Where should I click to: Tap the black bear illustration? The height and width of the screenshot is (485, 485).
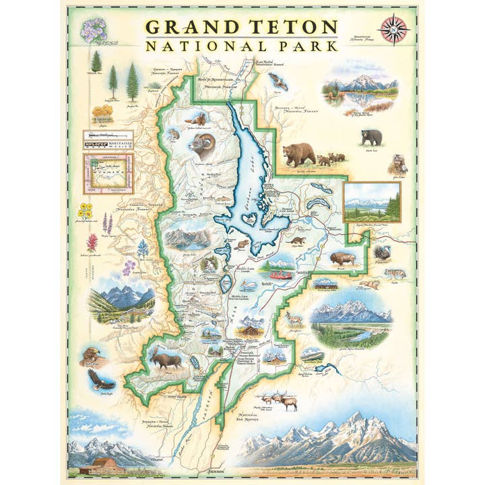click(370, 137)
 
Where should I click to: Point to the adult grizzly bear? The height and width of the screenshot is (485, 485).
click(298, 154)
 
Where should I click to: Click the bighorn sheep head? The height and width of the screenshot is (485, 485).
click(203, 145)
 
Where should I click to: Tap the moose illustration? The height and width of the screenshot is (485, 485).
click(165, 360)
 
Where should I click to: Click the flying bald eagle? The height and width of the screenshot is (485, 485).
click(101, 381)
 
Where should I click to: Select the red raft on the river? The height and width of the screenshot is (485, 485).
click(281, 274)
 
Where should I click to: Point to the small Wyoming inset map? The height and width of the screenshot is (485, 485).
click(108, 173)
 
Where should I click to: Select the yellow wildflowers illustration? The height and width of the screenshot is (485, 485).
click(86, 211)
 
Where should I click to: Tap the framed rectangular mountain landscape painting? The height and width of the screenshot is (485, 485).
click(372, 201)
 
